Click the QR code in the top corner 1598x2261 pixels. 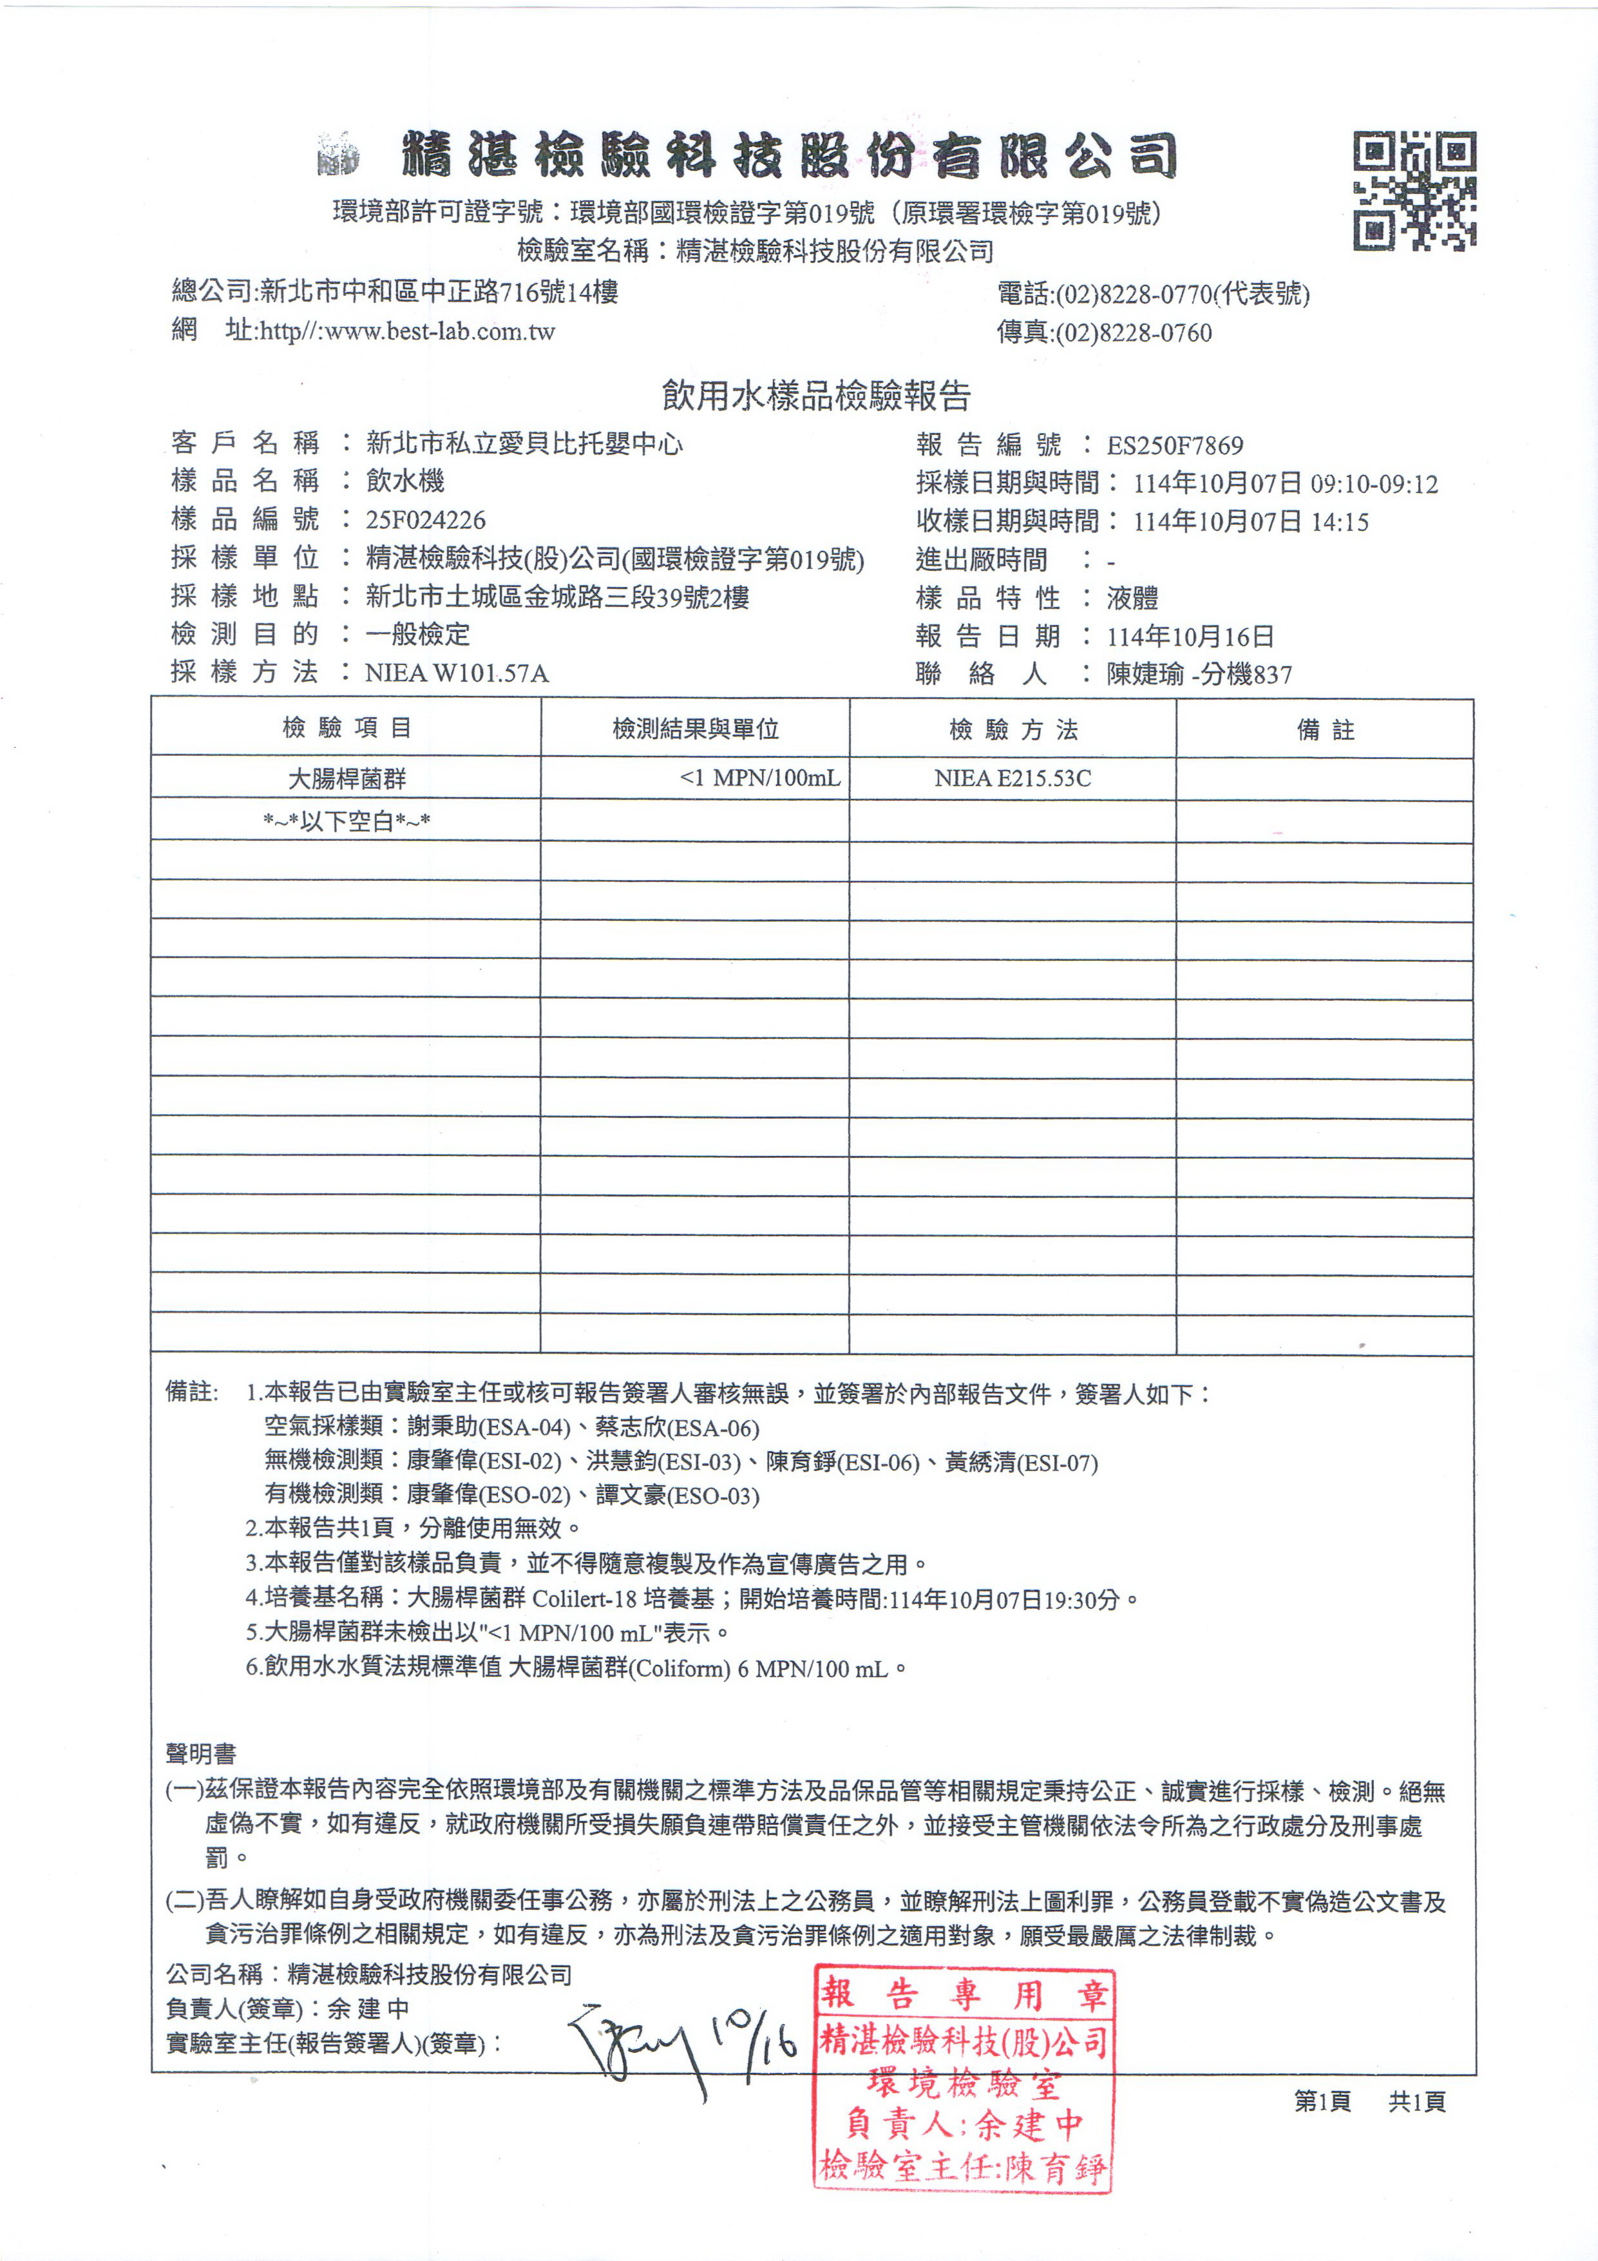[1413, 190]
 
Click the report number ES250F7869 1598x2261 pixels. [1175, 446]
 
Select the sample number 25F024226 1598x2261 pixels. [425, 520]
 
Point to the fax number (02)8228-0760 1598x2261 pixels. [1132, 334]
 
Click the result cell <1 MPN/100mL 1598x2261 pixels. [759, 778]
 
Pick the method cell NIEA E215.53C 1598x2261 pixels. [1012, 778]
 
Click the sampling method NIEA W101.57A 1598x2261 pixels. [457, 673]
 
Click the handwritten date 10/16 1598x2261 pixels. [755, 2039]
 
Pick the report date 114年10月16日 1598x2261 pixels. [1190, 636]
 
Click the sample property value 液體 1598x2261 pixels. [1132, 598]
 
